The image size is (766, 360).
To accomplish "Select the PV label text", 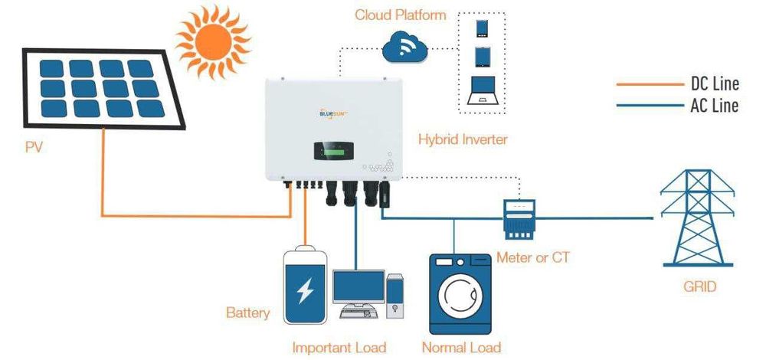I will pyautogui.click(x=34, y=146).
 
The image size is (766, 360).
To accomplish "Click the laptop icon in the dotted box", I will pyautogui.click(x=483, y=91).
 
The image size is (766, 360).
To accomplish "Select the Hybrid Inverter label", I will pyautogui.click(x=463, y=139).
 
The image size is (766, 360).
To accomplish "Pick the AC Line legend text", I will pyautogui.click(x=713, y=106).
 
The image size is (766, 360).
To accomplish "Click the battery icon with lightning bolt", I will pyautogui.click(x=305, y=285).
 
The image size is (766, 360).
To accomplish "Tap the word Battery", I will pyautogui.click(x=247, y=313).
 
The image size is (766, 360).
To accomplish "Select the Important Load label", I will pyautogui.click(x=339, y=347).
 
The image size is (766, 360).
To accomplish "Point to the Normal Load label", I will pyautogui.click(x=461, y=347).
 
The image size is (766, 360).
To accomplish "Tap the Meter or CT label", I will pyautogui.click(x=533, y=257).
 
